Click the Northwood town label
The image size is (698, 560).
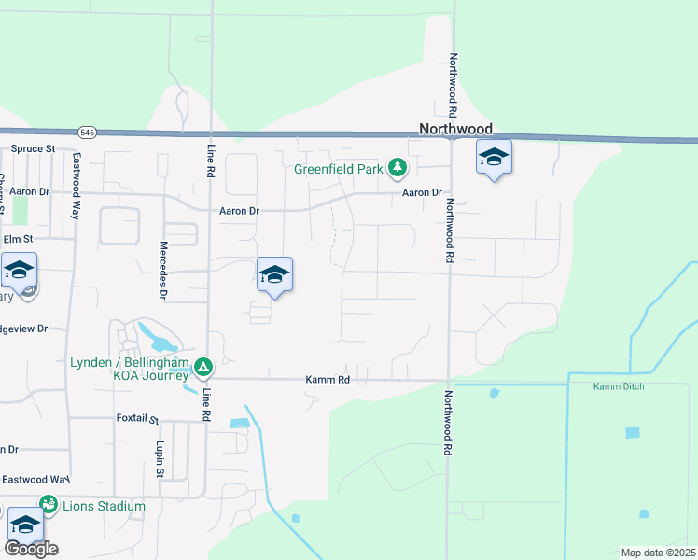tap(455, 130)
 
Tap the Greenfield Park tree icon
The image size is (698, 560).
tap(398, 168)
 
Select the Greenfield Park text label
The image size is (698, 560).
tap(338, 170)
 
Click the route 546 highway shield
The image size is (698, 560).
tap(88, 132)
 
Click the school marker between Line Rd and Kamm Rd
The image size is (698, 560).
tap(274, 275)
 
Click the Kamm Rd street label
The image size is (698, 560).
tap(327, 380)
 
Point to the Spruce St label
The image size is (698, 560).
tap(33, 148)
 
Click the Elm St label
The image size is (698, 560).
tap(18, 238)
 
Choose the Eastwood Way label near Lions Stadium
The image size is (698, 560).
tap(36, 479)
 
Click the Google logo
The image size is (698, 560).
tap(31, 549)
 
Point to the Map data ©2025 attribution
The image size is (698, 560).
tap(657, 553)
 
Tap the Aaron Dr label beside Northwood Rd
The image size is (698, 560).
tap(422, 192)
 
